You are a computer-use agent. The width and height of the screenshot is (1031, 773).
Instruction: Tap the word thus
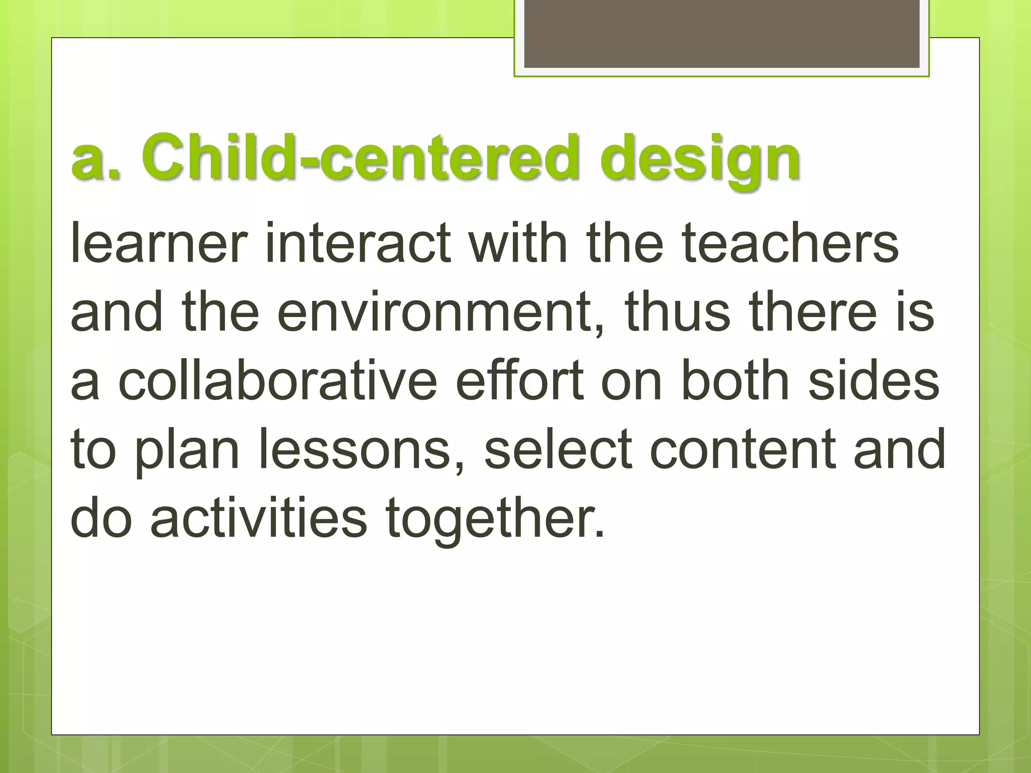(677, 312)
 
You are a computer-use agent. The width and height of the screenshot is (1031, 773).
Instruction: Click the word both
(734, 380)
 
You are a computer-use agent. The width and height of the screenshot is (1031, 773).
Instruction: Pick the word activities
(259, 518)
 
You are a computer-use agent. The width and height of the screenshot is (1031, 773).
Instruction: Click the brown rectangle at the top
(721, 34)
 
